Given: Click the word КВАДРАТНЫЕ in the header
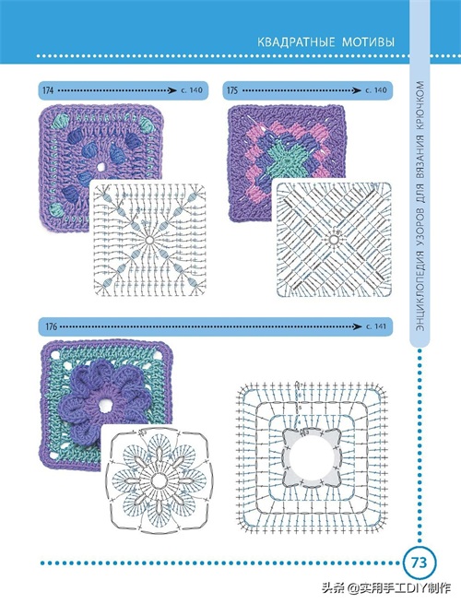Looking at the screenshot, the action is tap(295, 41).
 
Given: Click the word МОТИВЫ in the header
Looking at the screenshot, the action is tap(368, 41).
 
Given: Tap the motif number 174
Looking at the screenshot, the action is tap(48, 90).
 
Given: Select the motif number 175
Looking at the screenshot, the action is tap(232, 90).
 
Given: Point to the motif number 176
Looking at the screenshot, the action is tap(52, 326).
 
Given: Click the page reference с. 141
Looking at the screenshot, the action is tap(375, 326).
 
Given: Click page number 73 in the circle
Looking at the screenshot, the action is tap(419, 563).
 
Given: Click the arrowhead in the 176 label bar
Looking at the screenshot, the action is tap(358, 326).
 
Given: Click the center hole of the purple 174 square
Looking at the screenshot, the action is tap(101, 167).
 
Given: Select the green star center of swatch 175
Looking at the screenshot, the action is tap(287, 158).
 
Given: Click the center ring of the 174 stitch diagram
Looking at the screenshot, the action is tap(149, 240).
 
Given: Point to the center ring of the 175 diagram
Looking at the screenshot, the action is tap(334, 240).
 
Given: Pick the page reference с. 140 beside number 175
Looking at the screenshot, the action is tap(375, 90).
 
